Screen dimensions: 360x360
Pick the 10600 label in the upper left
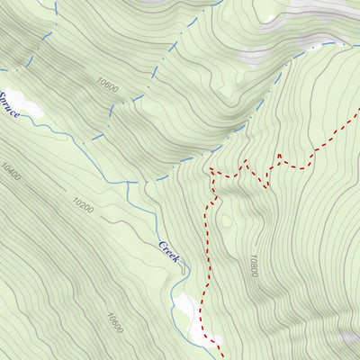pyautogui.click(x=106, y=84)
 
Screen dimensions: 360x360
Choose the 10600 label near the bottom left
pyautogui.click(x=114, y=323)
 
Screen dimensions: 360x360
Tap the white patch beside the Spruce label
pyautogui.click(x=29, y=109)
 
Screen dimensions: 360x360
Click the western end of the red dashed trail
pyautogui.click(x=210, y=168)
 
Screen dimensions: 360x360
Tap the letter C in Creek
pyautogui.click(x=163, y=245)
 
